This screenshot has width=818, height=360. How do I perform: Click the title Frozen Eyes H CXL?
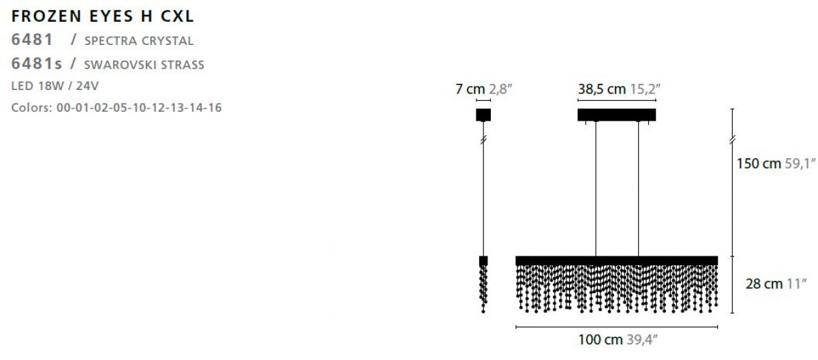coord(103,16)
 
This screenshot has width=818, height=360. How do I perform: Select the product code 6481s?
coord(37,63)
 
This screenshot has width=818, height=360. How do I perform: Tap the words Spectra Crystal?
coord(139,41)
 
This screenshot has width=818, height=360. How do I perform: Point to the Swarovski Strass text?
coord(144,65)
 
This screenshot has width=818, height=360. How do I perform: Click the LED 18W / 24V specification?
coord(55,86)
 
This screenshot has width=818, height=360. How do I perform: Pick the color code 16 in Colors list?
coord(215,107)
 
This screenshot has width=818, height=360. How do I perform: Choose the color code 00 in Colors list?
coord(63,107)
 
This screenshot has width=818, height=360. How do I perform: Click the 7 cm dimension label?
coord(470,89)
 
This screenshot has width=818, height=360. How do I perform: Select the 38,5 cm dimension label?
coord(601,89)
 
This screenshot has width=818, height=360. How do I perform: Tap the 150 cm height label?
coord(759,163)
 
